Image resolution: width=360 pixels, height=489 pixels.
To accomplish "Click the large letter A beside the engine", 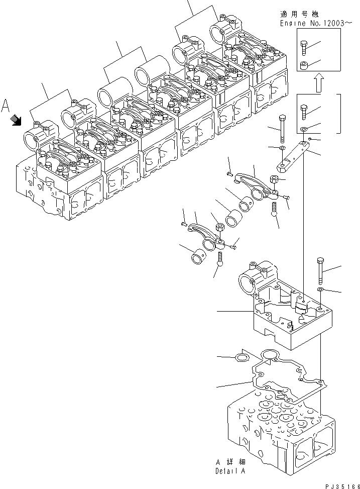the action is pos(6,106).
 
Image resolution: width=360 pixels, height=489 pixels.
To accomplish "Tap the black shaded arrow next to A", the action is pos(15,120).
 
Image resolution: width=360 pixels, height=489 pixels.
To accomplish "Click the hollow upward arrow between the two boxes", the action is pos(318,82).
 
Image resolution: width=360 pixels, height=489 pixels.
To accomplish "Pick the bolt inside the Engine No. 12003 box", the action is pos(304,48).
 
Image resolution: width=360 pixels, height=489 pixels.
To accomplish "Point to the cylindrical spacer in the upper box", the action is pos(304,65).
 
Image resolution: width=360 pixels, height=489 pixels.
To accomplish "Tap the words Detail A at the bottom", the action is pos(230,471).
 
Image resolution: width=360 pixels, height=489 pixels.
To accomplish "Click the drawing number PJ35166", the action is pos(342,486).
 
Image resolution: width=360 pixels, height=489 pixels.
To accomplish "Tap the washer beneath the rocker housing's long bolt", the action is pos(320,289).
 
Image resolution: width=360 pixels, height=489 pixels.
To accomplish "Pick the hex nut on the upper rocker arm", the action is pos(274,179).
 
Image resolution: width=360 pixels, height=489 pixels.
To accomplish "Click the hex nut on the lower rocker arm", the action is pos(219,227).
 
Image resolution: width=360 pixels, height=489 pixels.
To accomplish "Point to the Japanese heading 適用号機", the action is pos(299,15).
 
